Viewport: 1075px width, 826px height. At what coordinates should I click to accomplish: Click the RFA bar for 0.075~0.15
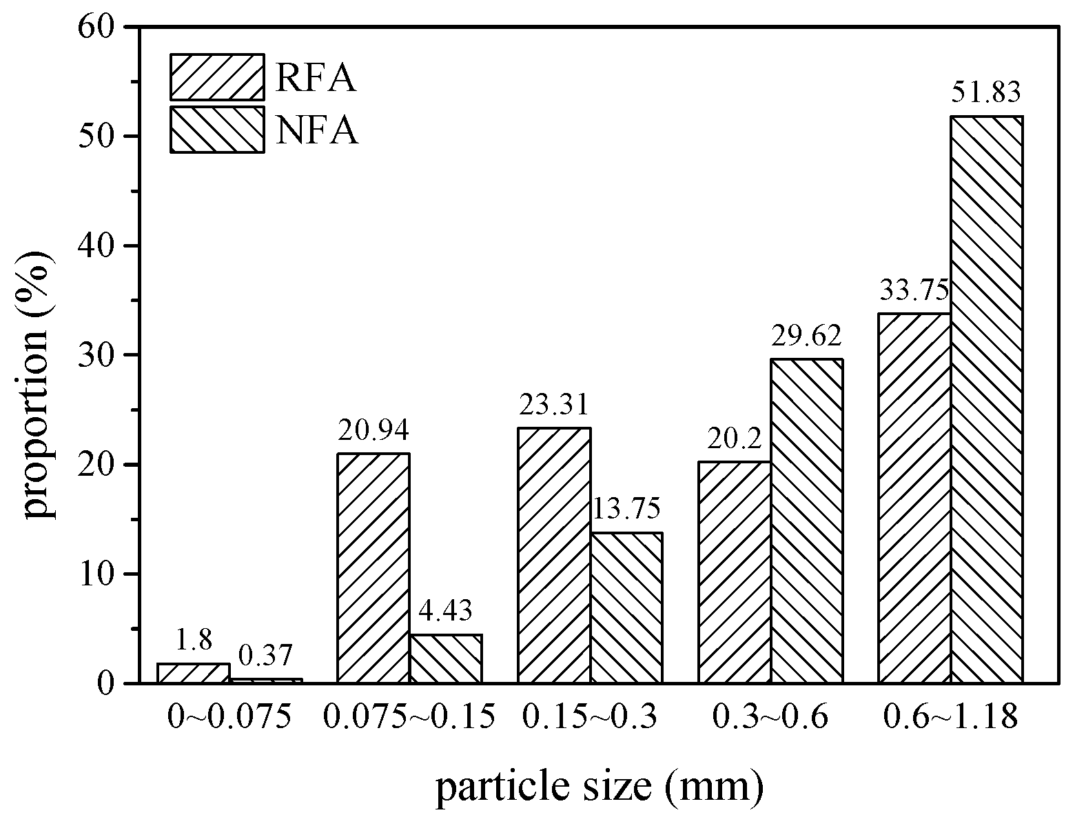[x=373, y=568]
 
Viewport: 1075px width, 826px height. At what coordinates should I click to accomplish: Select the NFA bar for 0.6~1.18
[x=986, y=400]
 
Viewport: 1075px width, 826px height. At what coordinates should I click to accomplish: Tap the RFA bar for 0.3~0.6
[x=734, y=572]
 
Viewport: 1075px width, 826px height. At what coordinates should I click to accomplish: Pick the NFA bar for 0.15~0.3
[x=626, y=607]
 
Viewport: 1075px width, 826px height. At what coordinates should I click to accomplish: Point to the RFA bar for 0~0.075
[x=194, y=674]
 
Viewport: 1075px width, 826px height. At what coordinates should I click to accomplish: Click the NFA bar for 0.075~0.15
[x=446, y=658]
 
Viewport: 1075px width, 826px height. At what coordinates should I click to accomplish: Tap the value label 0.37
[x=265, y=656]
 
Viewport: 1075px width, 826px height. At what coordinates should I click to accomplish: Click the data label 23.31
[x=553, y=405]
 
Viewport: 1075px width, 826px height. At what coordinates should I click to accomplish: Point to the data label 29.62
[x=806, y=336]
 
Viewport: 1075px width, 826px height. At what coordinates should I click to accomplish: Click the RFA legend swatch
[x=217, y=77]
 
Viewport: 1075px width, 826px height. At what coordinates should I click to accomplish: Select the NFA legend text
[x=318, y=130]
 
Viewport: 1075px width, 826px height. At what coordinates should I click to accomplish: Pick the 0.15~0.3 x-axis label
[x=589, y=717]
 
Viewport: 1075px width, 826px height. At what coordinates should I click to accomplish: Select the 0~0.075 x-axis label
[x=229, y=717]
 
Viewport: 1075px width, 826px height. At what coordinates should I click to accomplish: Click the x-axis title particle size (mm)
[x=599, y=788]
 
